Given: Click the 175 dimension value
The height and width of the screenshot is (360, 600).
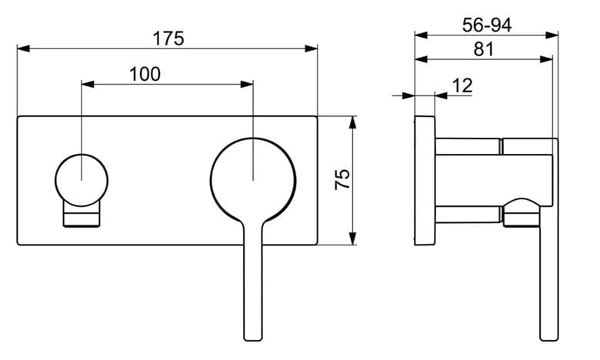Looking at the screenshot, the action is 168,38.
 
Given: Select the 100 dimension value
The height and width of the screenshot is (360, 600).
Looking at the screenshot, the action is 145,74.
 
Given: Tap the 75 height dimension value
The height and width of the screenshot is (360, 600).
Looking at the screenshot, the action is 342,179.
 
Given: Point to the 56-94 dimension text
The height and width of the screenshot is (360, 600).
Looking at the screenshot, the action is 487,25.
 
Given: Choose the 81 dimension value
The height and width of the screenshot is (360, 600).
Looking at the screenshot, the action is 484,49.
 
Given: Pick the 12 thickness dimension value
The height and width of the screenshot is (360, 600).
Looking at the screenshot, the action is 462,85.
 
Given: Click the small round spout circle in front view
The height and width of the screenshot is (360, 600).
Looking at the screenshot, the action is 82,180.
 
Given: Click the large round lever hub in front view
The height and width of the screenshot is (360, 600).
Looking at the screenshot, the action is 253,180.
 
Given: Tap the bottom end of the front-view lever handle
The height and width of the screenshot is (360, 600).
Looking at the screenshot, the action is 253,340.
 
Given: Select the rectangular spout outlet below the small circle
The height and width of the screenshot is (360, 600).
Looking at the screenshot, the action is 82,216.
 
